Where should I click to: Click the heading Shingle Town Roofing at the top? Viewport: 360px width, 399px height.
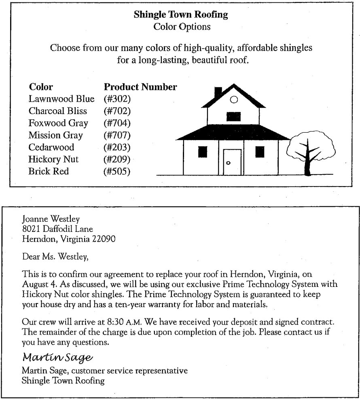pos(180,15)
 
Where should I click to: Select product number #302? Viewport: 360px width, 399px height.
pos(117,99)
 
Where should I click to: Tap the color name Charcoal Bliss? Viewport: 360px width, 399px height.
pos(57,111)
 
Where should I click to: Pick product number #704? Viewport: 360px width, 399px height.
pos(117,123)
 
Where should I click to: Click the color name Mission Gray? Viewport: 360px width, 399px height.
pos(55,135)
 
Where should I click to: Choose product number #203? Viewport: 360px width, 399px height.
pos(117,147)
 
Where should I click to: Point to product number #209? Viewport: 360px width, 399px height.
pos(117,159)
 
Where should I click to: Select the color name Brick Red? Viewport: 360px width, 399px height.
pos(49,172)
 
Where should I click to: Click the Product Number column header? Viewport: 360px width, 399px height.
pos(140,87)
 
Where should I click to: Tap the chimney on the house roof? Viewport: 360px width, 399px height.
pos(218,92)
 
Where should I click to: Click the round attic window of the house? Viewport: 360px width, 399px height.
pos(233,99)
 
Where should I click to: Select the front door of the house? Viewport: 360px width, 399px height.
pos(232,162)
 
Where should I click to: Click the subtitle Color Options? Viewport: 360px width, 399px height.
pos(180,26)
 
